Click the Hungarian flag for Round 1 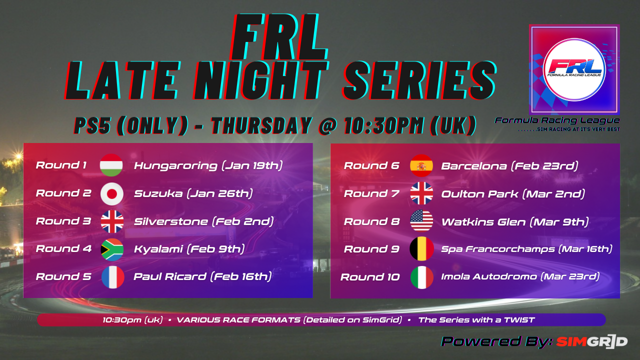click(x=111, y=165)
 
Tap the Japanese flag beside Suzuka click(x=111, y=193)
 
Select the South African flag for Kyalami click(x=112, y=249)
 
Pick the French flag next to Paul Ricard click(x=113, y=277)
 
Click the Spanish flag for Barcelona click(x=421, y=165)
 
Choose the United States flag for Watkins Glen click(x=421, y=221)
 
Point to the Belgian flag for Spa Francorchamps click(x=421, y=248)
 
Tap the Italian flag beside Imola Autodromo click(x=422, y=277)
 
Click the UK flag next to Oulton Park click(x=421, y=193)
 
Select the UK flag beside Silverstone click(x=112, y=221)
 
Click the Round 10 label click(x=370, y=277)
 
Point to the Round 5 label click(x=63, y=276)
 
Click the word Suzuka click(x=158, y=193)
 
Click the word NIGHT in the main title click(x=260, y=80)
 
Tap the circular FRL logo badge click(x=574, y=69)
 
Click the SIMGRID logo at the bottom click(x=592, y=341)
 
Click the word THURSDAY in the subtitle click(x=261, y=125)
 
